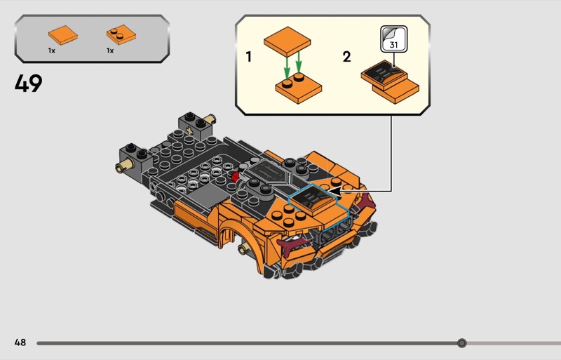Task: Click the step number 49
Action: [28, 84]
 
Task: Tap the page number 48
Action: [20, 342]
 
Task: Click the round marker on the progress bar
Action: [461, 343]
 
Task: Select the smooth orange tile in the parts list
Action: [62, 34]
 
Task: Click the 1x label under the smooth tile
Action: [51, 51]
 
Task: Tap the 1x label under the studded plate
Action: [110, 51]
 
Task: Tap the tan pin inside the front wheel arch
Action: [243, 248]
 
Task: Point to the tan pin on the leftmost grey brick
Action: [121, 166]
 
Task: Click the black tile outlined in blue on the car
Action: [319, 202]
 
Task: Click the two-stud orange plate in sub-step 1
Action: [298, 90]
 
